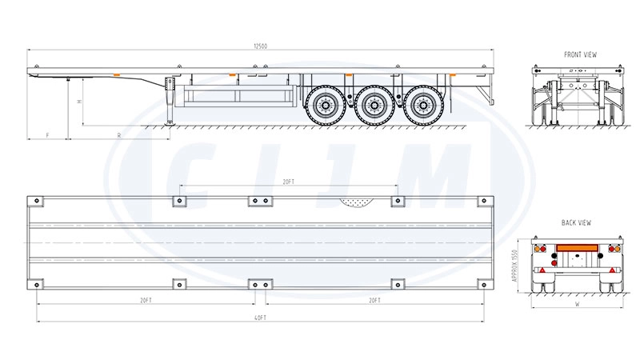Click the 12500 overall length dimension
(260, 46)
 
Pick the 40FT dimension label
(261, 318)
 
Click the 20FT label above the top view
(288, 182)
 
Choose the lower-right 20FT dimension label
(374, 300)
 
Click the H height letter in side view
(78, 102)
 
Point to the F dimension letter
(47, 136)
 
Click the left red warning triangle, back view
(545, 273)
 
